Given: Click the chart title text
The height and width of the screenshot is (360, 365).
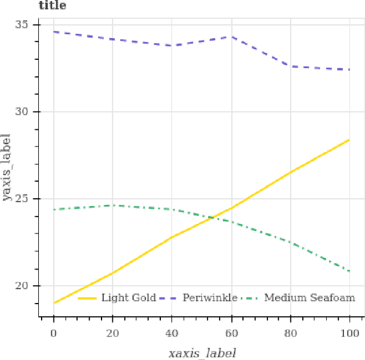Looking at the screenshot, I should point(52,6).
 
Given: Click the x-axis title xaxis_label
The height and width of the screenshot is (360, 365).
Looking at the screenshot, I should point(202,353).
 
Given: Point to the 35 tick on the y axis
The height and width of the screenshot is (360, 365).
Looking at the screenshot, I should point(27,25).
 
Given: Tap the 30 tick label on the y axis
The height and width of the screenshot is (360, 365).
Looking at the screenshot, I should point(27,112).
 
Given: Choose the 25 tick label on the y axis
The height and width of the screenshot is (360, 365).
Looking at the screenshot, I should point(27,199).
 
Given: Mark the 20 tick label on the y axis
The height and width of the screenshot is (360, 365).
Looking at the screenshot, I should point(27,286).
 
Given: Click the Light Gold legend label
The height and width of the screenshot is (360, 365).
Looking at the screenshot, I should point(128,297).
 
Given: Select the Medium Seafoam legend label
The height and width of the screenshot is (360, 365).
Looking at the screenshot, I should point(310,297).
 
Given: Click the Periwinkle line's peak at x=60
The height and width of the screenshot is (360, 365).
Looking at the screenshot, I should point(231,36).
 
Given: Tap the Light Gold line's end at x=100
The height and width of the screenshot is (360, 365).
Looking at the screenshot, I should point(349,140).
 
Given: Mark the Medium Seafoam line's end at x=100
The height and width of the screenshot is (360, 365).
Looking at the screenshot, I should point(349,272).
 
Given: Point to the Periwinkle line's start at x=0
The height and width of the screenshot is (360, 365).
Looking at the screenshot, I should point(54,32).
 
